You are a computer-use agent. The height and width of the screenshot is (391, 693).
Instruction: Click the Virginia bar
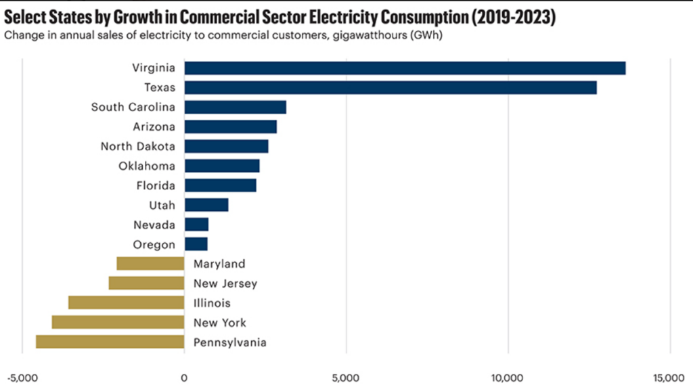[x=405, y=68]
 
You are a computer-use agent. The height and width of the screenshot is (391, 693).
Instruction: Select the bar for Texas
[x=390, y=87]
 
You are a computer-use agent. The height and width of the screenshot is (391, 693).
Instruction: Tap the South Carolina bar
[x=236, y=108]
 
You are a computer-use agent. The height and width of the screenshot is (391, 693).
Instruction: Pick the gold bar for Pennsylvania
[x=110, y=342]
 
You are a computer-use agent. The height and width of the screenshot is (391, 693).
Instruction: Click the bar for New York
[x=118, y=322]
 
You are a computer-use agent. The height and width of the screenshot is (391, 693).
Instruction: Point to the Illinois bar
[x=127, y=302]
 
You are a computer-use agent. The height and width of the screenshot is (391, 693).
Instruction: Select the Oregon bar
[x=196, y=244]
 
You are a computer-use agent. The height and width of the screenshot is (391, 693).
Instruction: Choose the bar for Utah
[x=206, y=205]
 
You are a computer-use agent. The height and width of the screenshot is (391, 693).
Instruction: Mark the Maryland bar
[x=151, y=263]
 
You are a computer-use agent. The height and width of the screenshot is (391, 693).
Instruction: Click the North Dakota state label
[x=138, y=146]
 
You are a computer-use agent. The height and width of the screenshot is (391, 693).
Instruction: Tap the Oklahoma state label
[x=147, y=166]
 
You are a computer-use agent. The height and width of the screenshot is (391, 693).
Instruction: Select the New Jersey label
[x=225, y=283]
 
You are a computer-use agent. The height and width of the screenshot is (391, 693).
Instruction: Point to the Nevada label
[x=154, y=225]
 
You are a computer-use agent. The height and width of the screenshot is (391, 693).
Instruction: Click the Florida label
[x=156, y=185]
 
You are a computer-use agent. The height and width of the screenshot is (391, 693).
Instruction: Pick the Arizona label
[x=154, y=127]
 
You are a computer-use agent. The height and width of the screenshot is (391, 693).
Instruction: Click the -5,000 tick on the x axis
[x=22, y=378]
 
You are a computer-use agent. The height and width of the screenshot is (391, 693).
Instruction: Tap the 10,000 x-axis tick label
[x=508, y=378]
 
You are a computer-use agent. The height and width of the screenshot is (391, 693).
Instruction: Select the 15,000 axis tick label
[x=669, y=378]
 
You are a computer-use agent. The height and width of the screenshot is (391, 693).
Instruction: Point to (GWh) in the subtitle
[x=426, y=35]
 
